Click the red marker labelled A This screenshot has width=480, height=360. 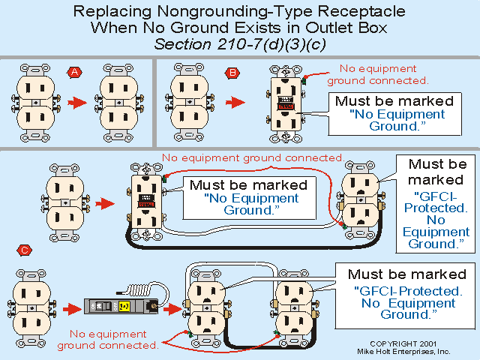pos(74,72)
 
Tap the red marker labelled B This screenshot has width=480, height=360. pos(232,73)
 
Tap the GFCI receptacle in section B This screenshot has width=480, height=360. pos(286,104)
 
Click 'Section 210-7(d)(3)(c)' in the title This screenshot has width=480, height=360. pos(239,43)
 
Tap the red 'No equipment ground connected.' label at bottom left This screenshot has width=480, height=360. pos(114,339)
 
